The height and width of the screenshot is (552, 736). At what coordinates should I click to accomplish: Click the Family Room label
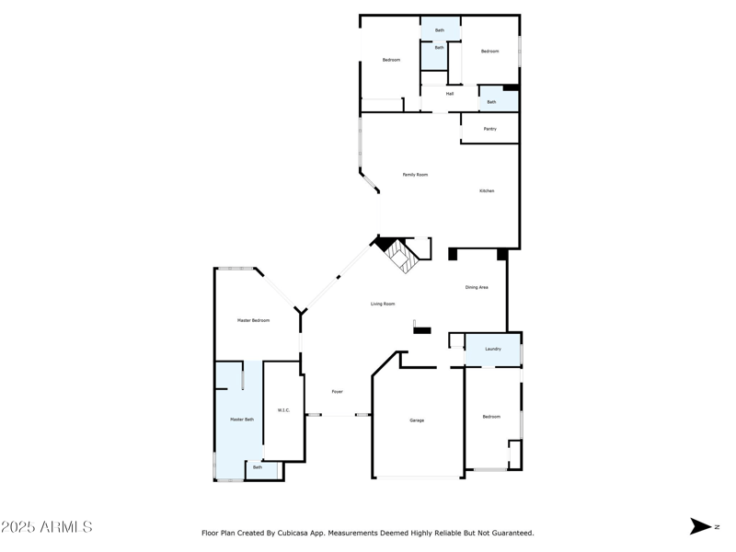(415, 175)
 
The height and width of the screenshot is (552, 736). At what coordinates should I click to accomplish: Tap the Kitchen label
(487, 191)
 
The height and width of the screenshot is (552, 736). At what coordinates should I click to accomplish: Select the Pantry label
(489, 129)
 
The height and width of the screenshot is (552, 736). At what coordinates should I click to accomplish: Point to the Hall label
(450, 94)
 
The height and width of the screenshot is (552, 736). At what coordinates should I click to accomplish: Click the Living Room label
(383, 304)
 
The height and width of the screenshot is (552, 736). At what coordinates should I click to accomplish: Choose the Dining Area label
(477, 288)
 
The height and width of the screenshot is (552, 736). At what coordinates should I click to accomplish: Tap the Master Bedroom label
(254, 320)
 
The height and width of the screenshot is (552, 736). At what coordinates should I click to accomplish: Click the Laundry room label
(493, 350)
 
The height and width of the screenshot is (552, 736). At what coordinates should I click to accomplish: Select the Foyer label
(338, 392)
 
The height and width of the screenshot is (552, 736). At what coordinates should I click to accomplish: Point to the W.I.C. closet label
(283, 410)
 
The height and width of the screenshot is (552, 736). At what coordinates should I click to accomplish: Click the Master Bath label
(242, 420)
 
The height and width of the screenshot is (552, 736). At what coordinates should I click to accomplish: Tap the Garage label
(417, 420)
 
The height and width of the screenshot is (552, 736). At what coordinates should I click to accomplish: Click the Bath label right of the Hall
(491, 102)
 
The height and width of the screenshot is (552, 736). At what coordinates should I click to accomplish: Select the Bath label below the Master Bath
(258, 467)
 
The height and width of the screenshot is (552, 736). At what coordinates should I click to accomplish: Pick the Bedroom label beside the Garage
(491, 417)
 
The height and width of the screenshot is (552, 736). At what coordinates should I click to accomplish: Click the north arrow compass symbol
(701, 526)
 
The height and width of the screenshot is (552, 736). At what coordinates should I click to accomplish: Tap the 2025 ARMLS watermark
(47, 527)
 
